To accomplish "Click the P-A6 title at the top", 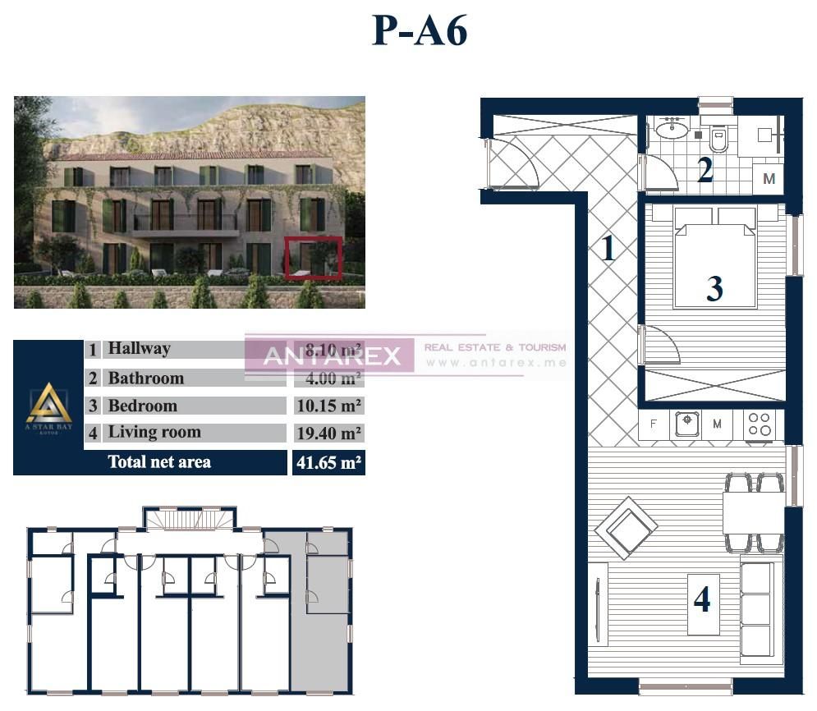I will tap(420, 32).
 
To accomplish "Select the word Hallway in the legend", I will tap(140, 349).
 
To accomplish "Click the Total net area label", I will tap(159, 462).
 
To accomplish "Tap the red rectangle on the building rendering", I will tap(313, 258).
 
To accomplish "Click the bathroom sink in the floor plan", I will tap(672, 129).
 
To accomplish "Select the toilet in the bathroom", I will tap(718, 139).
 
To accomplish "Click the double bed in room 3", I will tap(714, 256).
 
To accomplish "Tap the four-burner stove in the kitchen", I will tap(760, 424).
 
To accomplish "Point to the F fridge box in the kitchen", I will tap(654, 424).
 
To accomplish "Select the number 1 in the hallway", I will tap(608, 247).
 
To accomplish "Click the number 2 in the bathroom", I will tap(705, 170).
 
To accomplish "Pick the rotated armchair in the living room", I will tap(626, 526).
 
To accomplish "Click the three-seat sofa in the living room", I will tap(756, 607).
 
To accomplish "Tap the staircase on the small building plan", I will tap(190, 519).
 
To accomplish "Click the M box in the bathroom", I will tap(769, 178).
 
